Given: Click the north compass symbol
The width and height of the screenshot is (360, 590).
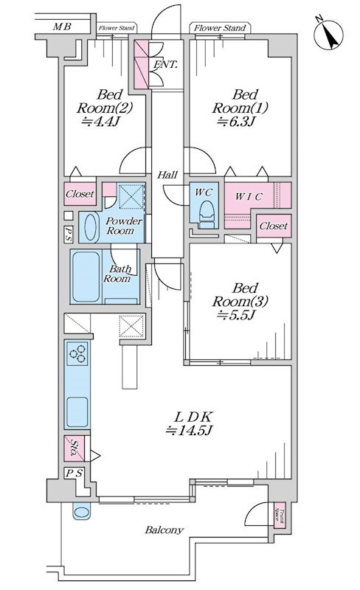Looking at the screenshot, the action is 328,34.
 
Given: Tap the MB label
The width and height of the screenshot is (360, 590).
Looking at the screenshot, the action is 62,27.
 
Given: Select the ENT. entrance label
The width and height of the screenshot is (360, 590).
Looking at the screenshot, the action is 165,64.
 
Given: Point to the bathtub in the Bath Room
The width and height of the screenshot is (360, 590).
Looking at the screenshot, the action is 86,277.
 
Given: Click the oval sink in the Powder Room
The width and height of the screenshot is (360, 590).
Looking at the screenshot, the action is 91,227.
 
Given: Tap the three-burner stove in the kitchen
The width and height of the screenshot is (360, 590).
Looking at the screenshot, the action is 77,353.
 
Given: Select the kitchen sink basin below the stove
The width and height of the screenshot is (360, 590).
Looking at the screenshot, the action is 77,411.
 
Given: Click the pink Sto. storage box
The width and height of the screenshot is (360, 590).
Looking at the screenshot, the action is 74,448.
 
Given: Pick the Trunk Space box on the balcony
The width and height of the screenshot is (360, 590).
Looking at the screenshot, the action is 280,515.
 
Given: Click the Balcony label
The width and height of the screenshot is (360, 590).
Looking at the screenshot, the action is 165,530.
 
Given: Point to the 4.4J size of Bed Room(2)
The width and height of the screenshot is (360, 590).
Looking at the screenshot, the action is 100,122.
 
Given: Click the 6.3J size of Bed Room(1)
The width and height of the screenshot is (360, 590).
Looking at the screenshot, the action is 236,122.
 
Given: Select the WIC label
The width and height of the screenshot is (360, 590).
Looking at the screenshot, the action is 249,196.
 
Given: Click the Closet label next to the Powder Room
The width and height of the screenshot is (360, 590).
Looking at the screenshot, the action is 80,194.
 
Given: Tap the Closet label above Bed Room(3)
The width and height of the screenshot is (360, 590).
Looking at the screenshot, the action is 274,226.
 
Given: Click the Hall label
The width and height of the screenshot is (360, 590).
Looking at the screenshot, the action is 167,175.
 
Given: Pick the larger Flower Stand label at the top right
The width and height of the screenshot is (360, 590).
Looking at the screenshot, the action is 220,28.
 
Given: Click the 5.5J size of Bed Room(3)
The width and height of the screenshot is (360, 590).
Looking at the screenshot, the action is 237,316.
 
